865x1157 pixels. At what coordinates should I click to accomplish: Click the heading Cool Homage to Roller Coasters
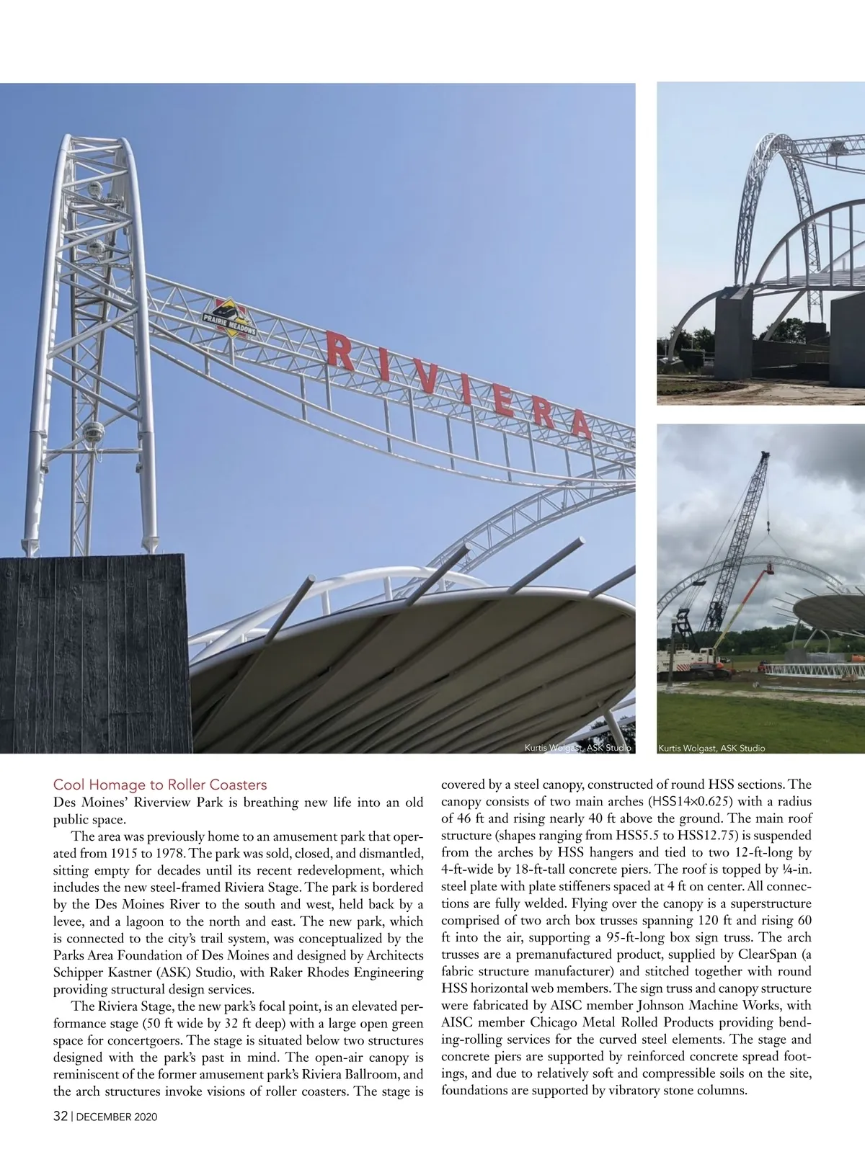(160, 785)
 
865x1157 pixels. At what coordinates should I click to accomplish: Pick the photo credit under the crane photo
(711, 748)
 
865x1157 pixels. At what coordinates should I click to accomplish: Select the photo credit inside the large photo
(577, 748)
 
